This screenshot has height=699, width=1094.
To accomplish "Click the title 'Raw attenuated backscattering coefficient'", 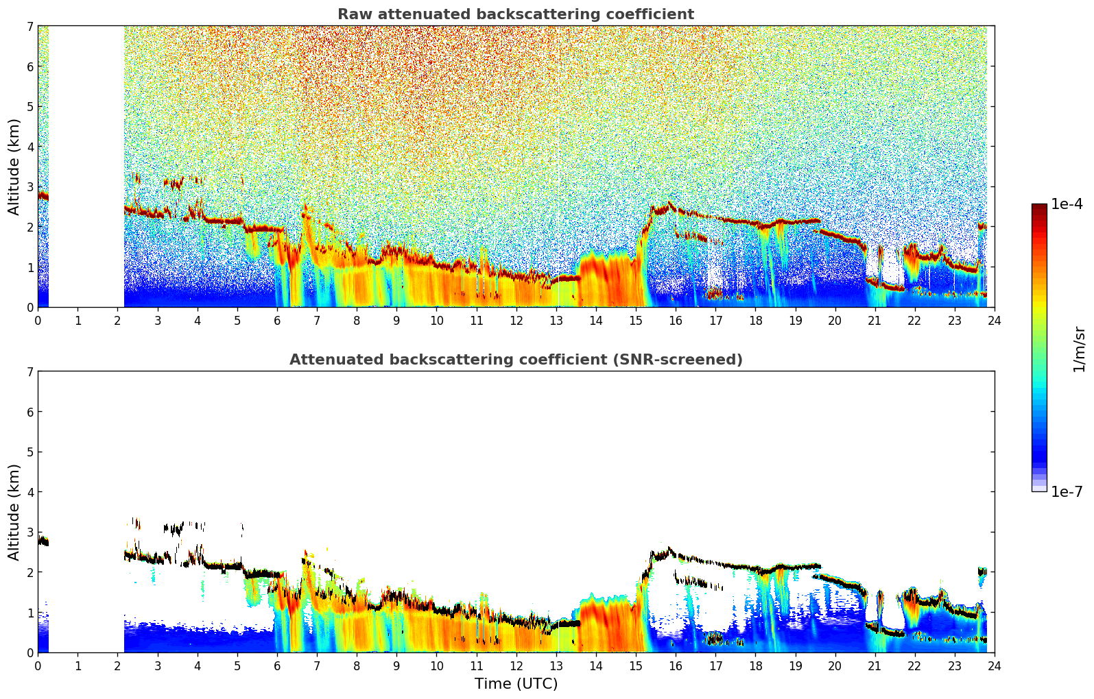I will [x=515, y=14].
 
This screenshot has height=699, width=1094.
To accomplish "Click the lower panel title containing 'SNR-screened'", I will [x=515, y=360].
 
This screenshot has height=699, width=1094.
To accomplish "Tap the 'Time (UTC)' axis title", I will [x=516, y=684].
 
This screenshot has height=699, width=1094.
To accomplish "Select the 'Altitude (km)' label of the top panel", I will [x=14, y=167].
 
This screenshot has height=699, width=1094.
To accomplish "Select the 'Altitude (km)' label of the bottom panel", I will [x=14, y=512].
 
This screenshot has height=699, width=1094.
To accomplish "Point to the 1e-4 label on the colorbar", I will [x=1067, y=204].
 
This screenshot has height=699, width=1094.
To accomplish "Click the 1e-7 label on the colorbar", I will [x=1067, y=491].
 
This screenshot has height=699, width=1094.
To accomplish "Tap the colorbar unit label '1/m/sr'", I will [x=1079, y=349].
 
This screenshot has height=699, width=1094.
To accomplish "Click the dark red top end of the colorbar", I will [x=1039, y=207].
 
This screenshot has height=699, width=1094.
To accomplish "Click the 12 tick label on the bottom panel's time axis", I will [x=516, y=666].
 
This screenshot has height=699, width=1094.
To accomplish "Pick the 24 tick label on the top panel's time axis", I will [x=994, y=321].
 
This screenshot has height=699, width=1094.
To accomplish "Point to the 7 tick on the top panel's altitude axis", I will [x=30, y=26].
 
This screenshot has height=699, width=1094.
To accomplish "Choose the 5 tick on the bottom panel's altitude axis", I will [x=30, y=452].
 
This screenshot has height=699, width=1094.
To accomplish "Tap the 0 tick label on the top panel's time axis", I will [x=38, y=321].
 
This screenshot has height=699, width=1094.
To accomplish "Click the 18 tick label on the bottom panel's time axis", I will [x=755, y=666].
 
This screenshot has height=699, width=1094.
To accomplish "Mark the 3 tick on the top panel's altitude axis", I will [x=30, y=186].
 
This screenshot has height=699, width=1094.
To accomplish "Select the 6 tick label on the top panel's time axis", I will [x=277, y=321].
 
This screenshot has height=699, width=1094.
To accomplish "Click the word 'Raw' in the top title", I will [x=352, y=14].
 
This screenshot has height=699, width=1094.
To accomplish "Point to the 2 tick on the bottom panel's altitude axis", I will [x=30, y=572].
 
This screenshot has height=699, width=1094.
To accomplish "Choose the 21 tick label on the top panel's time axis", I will [x=875, y=321].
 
